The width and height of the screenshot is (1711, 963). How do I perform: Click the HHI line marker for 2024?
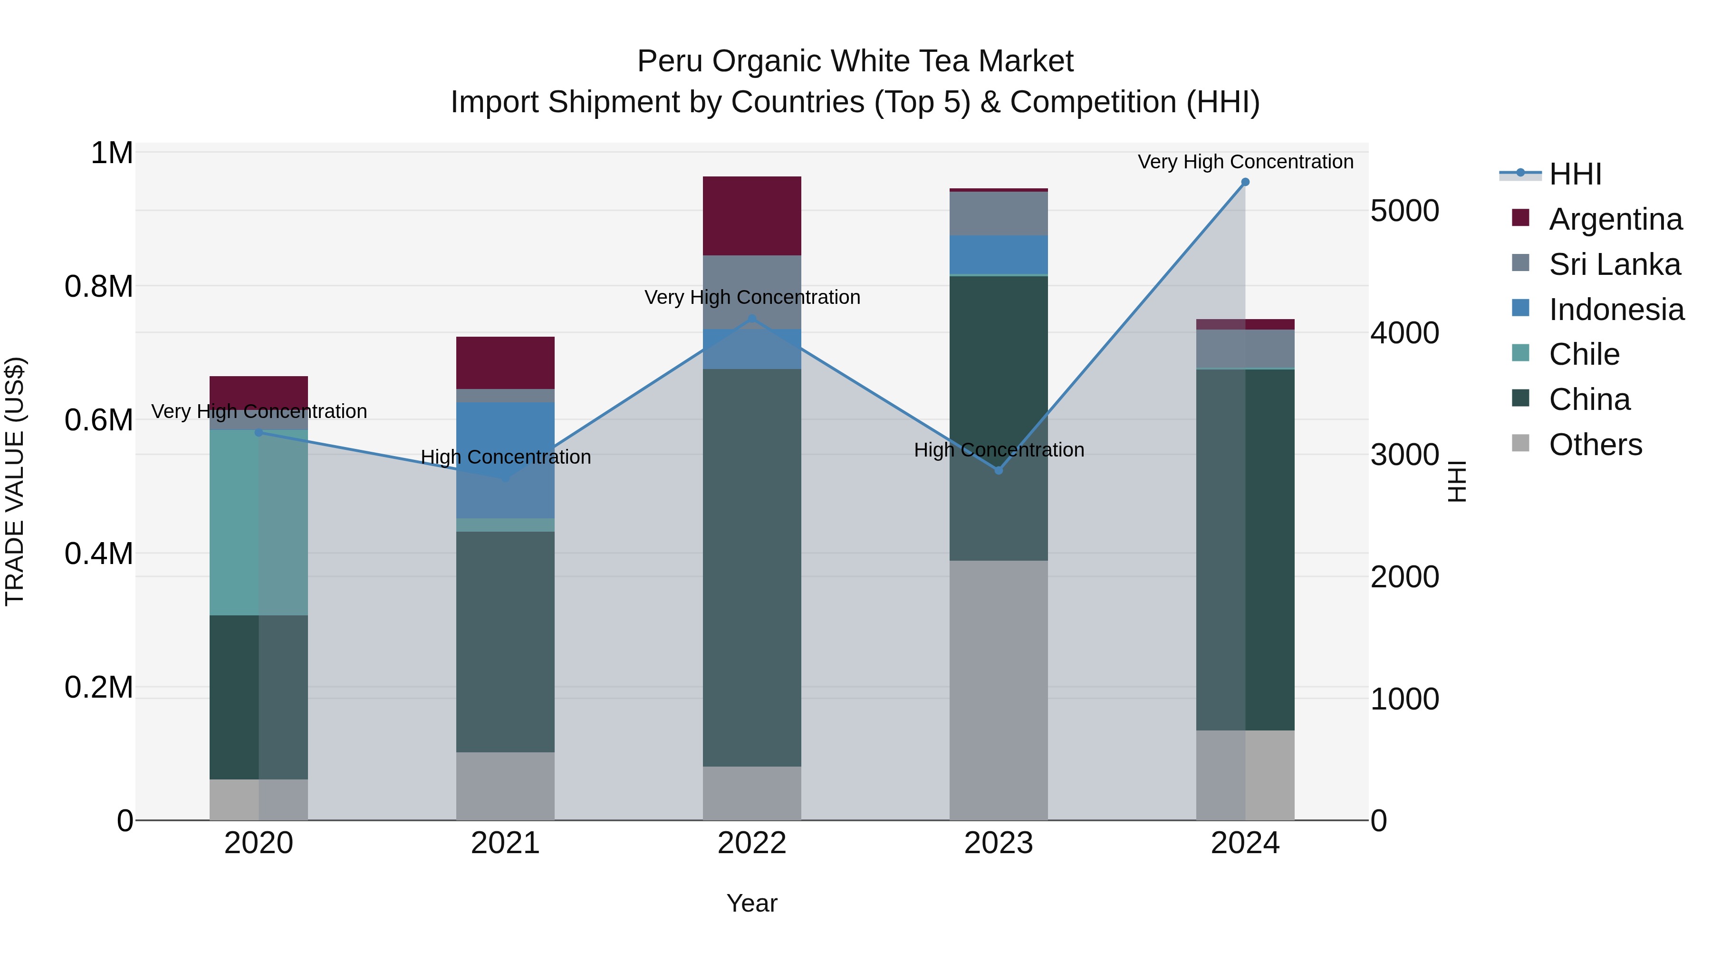(x=1245, y=182)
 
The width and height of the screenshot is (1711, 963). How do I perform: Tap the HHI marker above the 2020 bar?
(x=259, y=433)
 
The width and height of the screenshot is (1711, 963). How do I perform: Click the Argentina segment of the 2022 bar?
(x=752, y=216)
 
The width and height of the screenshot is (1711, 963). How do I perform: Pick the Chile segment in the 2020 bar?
(x=259, y=522)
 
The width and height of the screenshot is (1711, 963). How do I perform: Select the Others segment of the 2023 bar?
(x=998, y=690)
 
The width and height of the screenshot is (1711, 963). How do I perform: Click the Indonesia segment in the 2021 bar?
(x=506, y=460)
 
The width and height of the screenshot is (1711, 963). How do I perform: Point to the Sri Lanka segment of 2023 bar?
(x=998, y=214)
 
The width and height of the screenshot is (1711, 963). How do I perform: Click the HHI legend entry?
(x=1575, y=174)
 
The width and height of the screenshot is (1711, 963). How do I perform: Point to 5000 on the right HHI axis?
(x=1404, y=211)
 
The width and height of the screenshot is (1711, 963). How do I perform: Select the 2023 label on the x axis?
(x=998, y=843)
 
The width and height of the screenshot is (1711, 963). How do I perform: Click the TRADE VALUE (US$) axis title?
(x=15, y=481)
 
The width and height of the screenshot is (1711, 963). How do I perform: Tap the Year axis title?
(x=751, y=903)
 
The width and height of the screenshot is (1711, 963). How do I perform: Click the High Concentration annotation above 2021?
(x=506, y=457)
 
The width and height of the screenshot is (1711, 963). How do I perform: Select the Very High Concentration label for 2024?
(x=1245, y=162)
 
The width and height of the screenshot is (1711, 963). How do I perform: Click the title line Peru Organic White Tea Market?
(x=855, y=61)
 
